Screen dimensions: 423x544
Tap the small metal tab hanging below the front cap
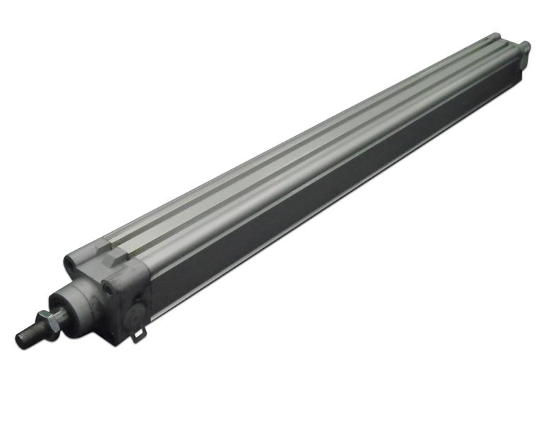pyautogui.click(x=138, y=335)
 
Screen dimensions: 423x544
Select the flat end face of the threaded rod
pyautogui.click(x=18, y=341)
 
